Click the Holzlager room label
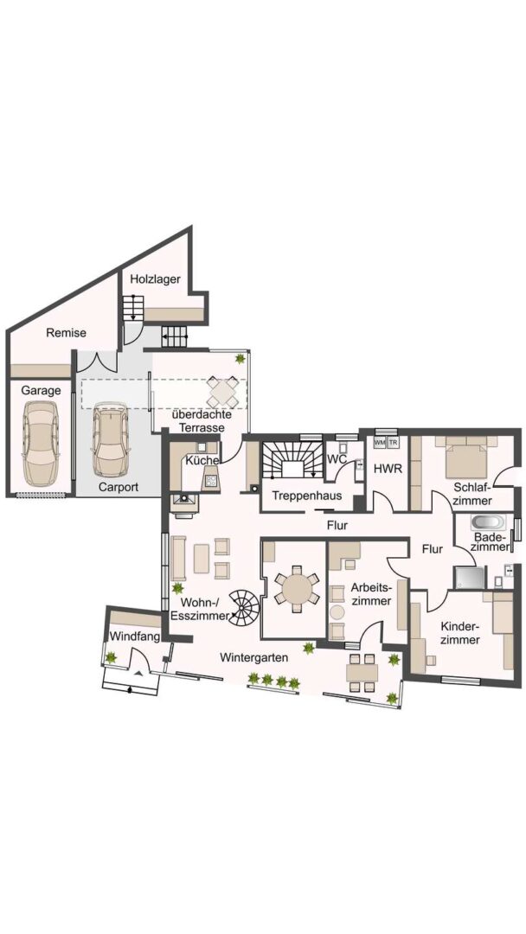pyautogui.click(x=155, y=278)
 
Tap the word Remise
pyautogui.click(x=66, y=333)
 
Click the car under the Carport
pyautogui.click(x=111, y=441)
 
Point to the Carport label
pyautogui.click(x=119, y=487)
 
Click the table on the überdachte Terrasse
pyautogui.click(x=221, y=393)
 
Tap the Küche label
pyautogui.click(x=202, y=460)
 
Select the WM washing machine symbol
pyautogui.click(x=380, y=443)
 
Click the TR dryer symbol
pyautogui.click(x=393, y=443)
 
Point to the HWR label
pyautogui.click(x=388, y=469)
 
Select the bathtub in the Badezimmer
pyautogui.click(x=488, y=523)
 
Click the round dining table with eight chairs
pyautogui.click(x=296, y=589)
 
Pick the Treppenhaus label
pyautogui.click(x=307, y=496)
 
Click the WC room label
pyautogui.click(x=337, y=459)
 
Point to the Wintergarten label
pyautogui.click(x=253, y=658)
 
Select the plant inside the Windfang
pyautogui.click(x=111, y=657)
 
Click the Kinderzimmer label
pyautogui.click(x=460, y=633)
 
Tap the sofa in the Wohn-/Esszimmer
pyautogui.click(x=178, y=558)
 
